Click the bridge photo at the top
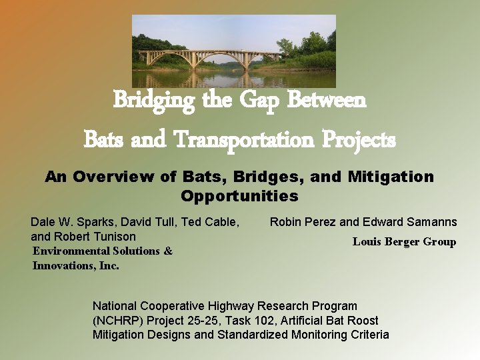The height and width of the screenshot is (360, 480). coord(233,51)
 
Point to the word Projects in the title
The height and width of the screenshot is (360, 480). coord(361,140)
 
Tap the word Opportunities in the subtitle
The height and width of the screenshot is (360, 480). coord(239,197)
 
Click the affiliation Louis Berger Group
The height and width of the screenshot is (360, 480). coord(404,242)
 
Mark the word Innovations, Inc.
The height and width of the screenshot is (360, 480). coord(75,266)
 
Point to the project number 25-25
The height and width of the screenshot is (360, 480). coord(198,321)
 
